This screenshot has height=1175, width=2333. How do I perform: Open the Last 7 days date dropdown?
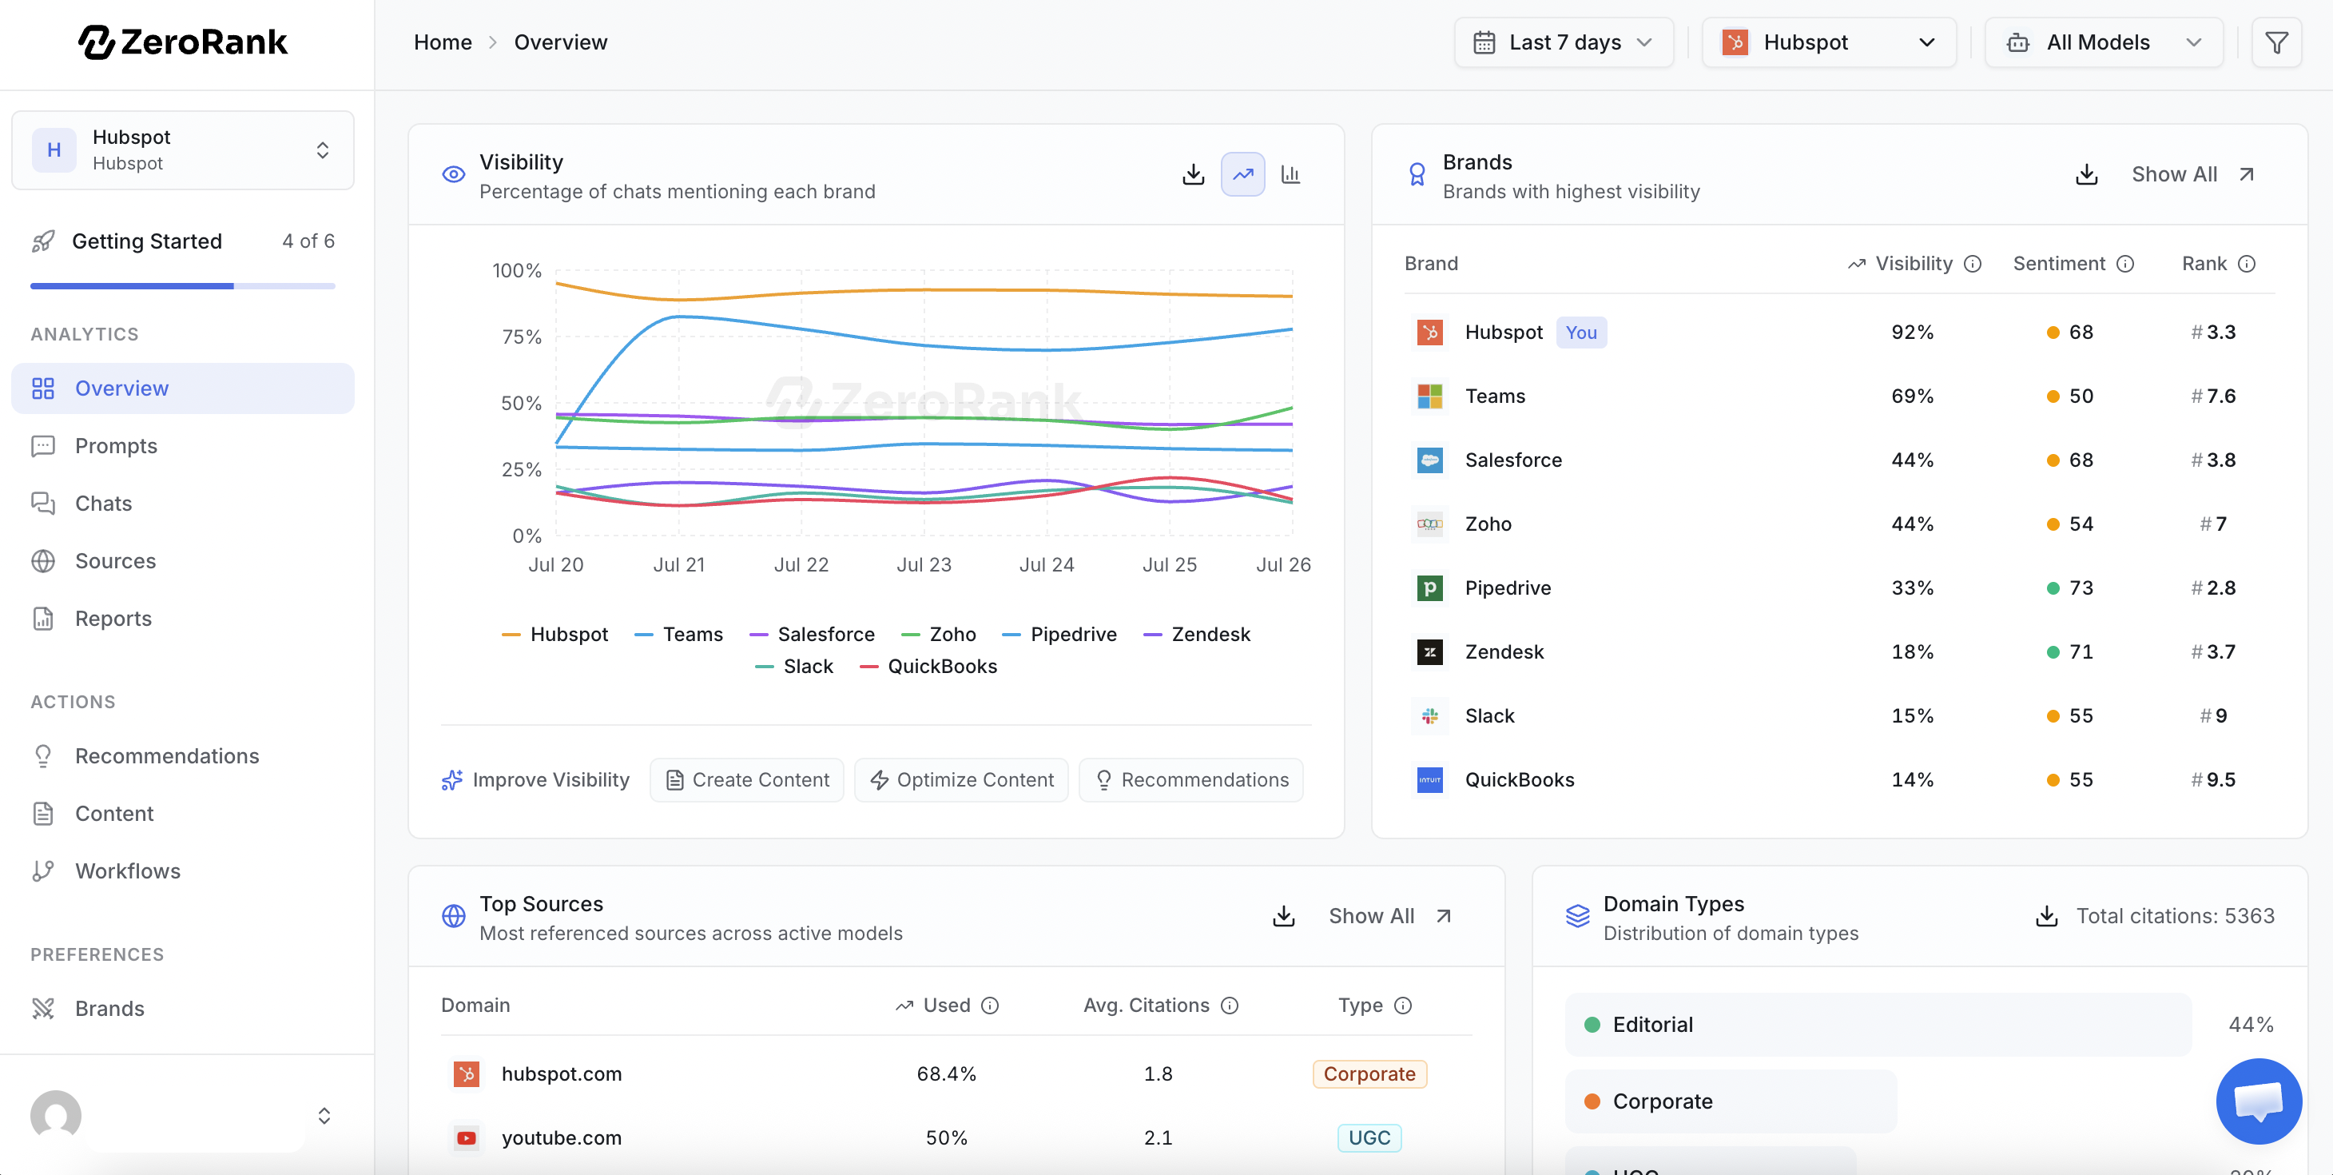click(x=1563, y=42)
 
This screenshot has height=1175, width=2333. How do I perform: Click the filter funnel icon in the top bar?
click(x=2276, y=42)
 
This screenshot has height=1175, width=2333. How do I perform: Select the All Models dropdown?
click(x=2103, y=42)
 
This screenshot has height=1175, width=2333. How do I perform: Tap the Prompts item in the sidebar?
click(x=116, y=446)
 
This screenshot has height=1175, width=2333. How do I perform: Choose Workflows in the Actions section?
click(x=128, y=870)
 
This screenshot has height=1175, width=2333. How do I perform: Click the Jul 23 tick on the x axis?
click(x=924, y=564)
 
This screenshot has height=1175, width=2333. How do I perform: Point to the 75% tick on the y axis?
click(x=522, y=337)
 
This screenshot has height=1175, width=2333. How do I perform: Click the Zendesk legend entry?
click(x=1198, y=634)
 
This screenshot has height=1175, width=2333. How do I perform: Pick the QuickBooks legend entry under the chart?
click(x=928, y=666)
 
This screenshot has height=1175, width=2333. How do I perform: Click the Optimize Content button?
click(x=961, y=780)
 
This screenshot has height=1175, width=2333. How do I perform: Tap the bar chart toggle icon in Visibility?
click(x=1290, y=174)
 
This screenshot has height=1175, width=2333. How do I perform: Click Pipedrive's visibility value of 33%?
click(x=1912, y=588)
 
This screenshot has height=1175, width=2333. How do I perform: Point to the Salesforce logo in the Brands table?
click(x=1429, y=460)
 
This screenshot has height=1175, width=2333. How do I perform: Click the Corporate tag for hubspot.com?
click(x=1369, y=1073)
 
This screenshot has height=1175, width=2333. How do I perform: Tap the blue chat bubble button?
click(x=2259, y=1101)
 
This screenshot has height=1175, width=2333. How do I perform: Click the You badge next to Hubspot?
click(x=1580, y=333)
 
